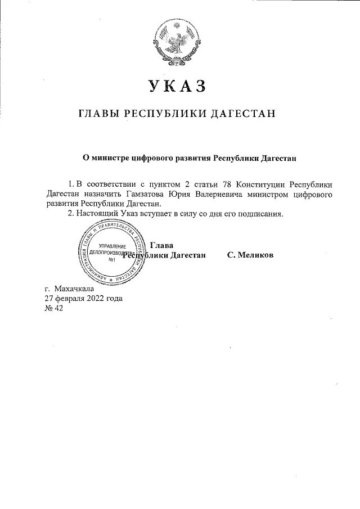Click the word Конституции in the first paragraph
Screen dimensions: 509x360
261,184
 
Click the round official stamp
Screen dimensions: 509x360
112,251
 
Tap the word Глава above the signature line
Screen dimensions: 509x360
162,245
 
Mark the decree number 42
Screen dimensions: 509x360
57,309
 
